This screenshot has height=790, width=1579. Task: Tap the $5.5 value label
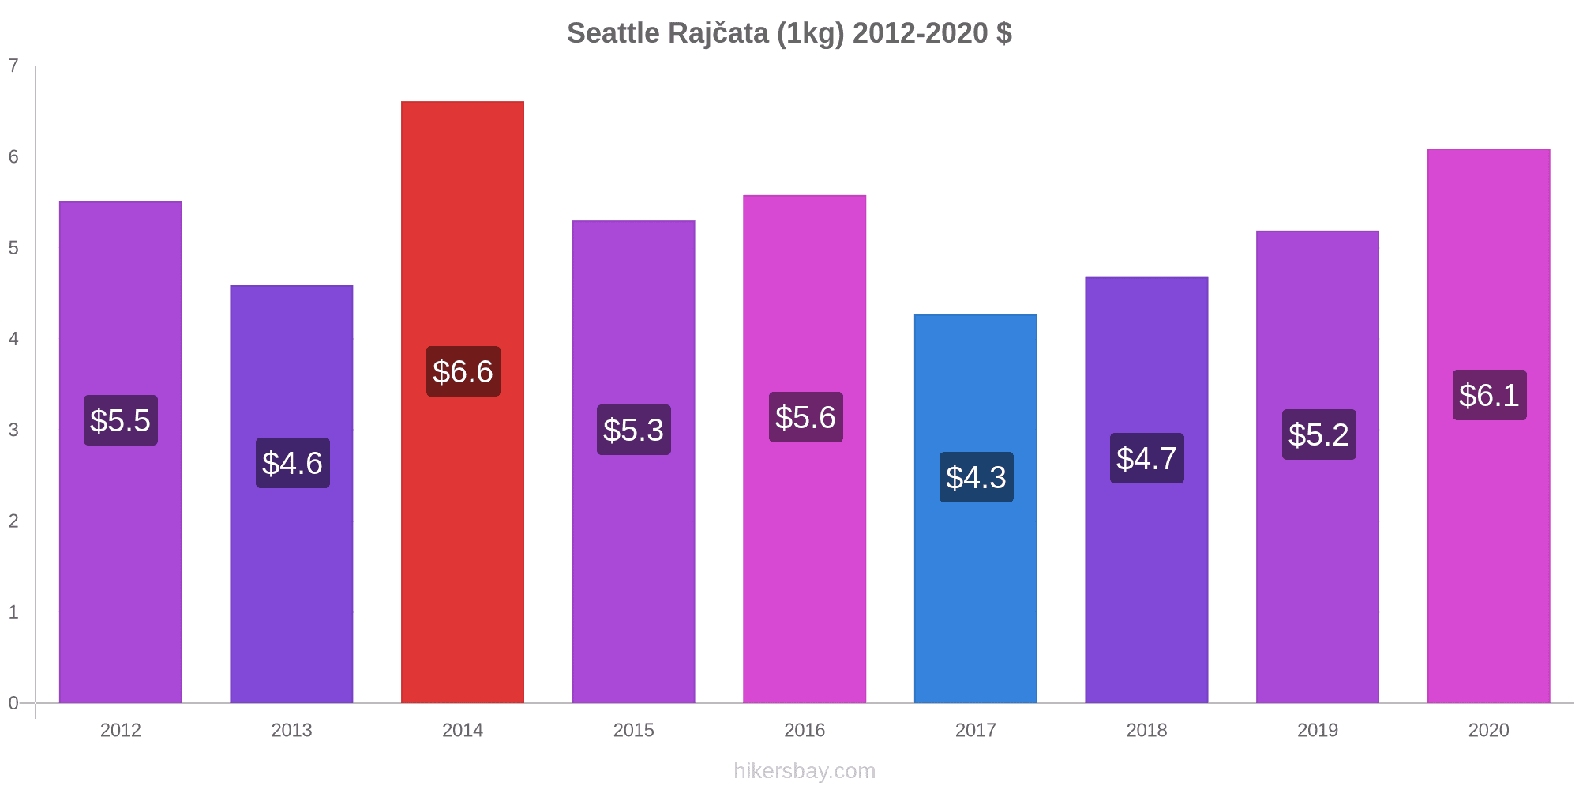click(x=121, y=420)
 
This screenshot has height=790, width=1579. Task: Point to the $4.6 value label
click(x=292, y=463)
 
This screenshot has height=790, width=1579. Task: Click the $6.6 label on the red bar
click(x=463, y=371)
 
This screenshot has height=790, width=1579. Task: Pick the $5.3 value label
click(x=634, y=430)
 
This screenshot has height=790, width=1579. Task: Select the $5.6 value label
click(x=805, y=417)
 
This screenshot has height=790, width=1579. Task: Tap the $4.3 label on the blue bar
click(x=976, y=477)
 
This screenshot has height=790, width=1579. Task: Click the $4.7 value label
click(x=1146, y=458)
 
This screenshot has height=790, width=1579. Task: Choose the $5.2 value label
click(x=1318, y=434)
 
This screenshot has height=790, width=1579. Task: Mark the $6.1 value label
click(x=1489, y=395)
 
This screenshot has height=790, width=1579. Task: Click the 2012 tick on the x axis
click(x=121, y=730)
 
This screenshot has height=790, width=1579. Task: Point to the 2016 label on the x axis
click(x=805, y=730)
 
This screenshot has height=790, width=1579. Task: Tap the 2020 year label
click(x=1488, y=730)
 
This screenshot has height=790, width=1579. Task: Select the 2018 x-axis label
click(x=1146, y=730)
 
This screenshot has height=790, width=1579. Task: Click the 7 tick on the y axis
click(x=13, y=66)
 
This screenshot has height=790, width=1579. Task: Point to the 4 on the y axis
click(x=13, y=339)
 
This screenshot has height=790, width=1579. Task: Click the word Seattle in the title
click(x=613, y=33)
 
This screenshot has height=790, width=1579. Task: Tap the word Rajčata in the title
click(x=718, y=33)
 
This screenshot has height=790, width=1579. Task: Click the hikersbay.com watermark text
click(x=805, y=770)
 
